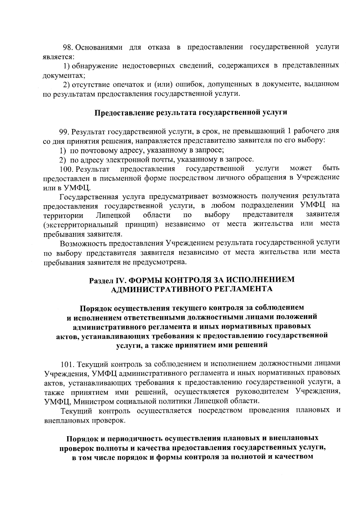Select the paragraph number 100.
(66, 169)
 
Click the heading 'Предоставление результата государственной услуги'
(191, 113)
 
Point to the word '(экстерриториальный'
(81, 224)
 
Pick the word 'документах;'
(61, 75)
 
